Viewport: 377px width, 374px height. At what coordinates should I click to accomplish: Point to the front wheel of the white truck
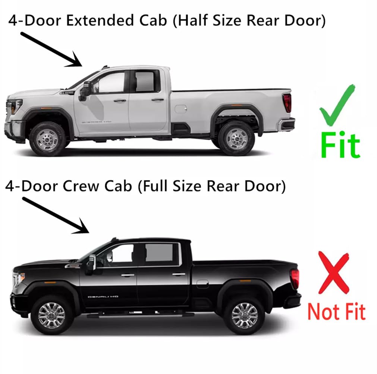tap(47, 139)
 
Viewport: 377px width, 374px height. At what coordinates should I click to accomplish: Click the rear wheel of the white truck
tap(236, 138)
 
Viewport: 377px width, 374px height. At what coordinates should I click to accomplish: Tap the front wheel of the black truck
tap(51, 315)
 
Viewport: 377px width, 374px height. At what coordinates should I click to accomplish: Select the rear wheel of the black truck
tap(244, 315)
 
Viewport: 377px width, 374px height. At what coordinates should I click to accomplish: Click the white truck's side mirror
tap(85, 90)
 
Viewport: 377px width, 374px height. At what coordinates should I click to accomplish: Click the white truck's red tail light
tap(287, 103)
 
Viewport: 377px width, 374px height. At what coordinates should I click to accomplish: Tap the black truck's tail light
tap(295, 279)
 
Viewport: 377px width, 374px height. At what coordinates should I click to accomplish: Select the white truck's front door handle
tap(120, 101)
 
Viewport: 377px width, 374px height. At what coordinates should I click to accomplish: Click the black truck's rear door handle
tap(179, 275)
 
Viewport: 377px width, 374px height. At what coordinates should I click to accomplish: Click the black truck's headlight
tap(19, 279)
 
